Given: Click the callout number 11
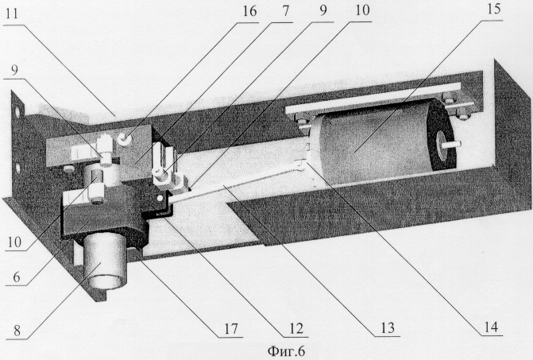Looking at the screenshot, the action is (x=11, y=14).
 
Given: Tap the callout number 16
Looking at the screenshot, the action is (x=249, y=11).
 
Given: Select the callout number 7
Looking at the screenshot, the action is (x=285, y=11).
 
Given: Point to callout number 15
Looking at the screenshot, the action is (x=493, y=10).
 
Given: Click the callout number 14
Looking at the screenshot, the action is (x=490, y=327).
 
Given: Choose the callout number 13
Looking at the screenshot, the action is (x=387, y=327).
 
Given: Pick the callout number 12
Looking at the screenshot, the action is (x=295, y=328).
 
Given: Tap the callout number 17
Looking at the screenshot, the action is (x=230, y=329).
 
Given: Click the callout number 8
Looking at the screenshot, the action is (x=17, y=331).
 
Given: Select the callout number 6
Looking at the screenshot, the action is (x=17, y=277).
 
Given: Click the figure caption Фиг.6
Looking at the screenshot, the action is (x=286, y=350).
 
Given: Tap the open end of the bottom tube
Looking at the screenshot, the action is (x=106, y=282).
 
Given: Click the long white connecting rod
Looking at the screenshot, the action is (x=234, y=182).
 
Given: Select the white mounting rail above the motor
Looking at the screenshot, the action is (x=374, y=98).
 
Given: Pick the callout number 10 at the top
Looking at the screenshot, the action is (x=362, y=10).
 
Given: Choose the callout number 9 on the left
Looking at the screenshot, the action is (x=14, y=70).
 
